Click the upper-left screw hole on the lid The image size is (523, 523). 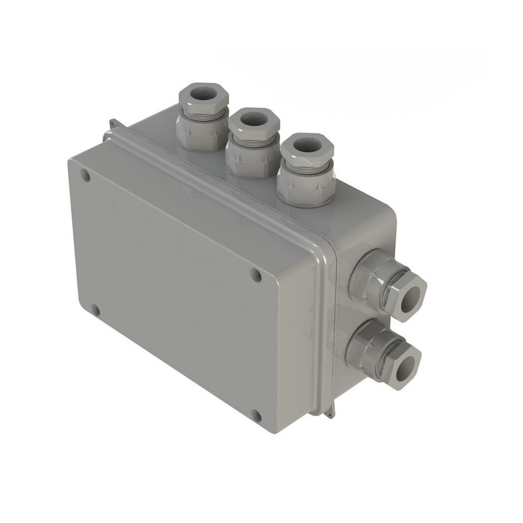coord(85,175)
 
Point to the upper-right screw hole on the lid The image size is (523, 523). coord(255,275)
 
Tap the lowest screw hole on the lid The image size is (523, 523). coord(256,415)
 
